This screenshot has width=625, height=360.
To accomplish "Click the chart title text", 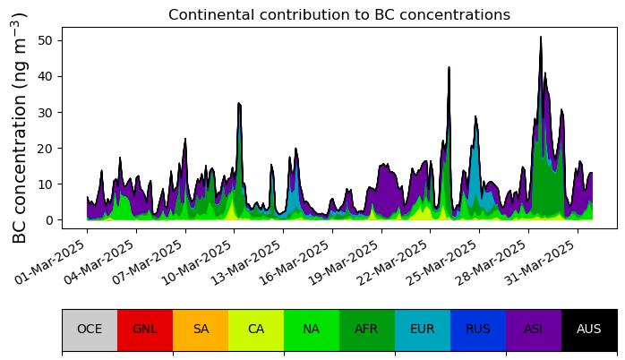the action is (339, 14).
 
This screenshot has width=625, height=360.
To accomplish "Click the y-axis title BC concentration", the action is (19, 128).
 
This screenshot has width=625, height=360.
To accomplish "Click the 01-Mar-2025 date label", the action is (51, 262).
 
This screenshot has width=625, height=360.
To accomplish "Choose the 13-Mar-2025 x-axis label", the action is (247, 262).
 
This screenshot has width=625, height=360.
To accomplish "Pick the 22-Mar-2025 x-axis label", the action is (395, 262).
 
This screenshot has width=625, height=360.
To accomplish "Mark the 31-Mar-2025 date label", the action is (542, 262).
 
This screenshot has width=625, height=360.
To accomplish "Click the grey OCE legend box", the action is (90, 330).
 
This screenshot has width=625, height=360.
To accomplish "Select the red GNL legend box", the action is (145, 330).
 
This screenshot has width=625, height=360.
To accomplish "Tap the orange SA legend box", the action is (201, 330).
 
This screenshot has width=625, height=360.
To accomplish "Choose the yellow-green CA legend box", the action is (256, 330).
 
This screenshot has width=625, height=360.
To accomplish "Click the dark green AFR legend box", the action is (367, 330).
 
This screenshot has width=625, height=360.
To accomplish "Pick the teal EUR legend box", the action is (423, 330).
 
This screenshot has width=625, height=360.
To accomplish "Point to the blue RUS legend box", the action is (478, 330).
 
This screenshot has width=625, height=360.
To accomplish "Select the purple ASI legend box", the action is (534, 330).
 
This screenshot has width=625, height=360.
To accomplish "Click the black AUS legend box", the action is (588, 330).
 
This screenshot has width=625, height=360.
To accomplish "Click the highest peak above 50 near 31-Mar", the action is (541, 37).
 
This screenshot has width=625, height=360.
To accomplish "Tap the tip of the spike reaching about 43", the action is (449, 67).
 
